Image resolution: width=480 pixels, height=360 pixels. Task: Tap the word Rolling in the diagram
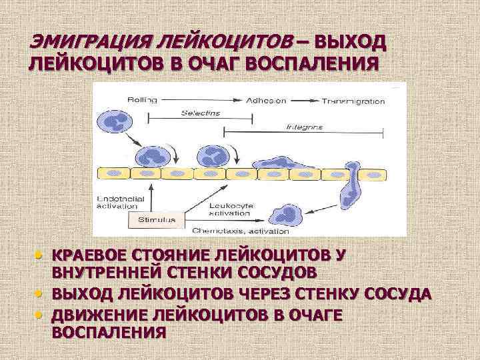point(140,100)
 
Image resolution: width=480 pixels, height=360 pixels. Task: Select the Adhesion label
point(265,101)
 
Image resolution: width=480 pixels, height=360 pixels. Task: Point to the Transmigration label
point(353,101)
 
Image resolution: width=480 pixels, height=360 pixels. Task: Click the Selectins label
point(200,113)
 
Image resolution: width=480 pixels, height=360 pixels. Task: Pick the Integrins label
point(305,126)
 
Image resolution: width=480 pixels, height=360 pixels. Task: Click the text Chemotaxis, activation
point(241,231)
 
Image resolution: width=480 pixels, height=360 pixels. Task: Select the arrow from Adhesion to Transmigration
point(304,101)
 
